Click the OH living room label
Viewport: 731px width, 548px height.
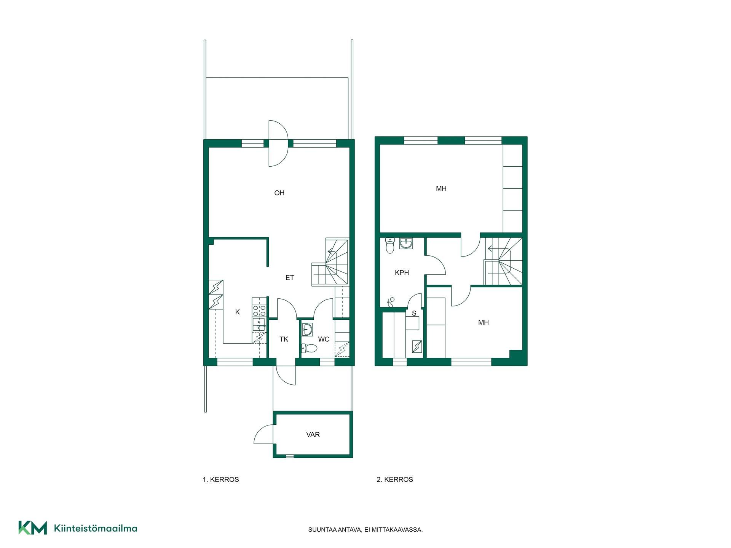point(279,193)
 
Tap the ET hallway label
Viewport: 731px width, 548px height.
point(290,278)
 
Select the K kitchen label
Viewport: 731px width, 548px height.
point(238,312)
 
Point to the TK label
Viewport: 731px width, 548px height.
point(284,339)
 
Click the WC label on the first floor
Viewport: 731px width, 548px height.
point(324,339)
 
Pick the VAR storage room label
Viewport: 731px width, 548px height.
point(313,434)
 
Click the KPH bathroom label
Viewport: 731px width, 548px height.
point(402,272)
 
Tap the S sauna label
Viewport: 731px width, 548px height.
point(414,313)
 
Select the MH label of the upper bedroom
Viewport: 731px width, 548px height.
point(441,188)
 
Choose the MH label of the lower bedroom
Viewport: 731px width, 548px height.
point(483,322)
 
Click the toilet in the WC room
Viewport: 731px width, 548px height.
point(309,348)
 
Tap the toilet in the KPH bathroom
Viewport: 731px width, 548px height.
point(390,246)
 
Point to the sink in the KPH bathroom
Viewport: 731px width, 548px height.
point(406,244)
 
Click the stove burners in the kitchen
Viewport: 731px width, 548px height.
point(259,311)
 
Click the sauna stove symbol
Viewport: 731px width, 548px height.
point(417,346)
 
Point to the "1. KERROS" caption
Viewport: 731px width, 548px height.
point(221,479)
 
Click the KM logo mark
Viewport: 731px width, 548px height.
point(33,528)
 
